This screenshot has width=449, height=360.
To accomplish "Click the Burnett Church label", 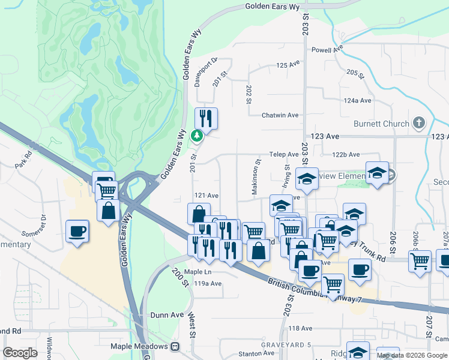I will (381, 124).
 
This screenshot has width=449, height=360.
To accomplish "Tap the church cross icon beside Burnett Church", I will (419, 124).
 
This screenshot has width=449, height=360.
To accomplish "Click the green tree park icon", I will (196, 136).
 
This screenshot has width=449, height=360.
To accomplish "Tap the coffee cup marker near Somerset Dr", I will (77, 232).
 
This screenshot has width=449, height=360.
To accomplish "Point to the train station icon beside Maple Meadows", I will (175, 346).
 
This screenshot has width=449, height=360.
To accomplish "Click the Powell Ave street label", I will (327, 50).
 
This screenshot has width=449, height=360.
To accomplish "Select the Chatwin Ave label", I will (280, 115).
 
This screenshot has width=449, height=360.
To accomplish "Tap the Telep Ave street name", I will (284, 154).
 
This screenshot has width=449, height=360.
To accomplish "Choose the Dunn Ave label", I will (167, 314).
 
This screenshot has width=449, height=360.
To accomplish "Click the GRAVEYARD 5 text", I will (286, 344).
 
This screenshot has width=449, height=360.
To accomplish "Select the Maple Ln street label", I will (198, 272).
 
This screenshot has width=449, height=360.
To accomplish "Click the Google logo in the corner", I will (20, 352).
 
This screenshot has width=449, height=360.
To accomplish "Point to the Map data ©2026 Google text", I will (412, 355).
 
